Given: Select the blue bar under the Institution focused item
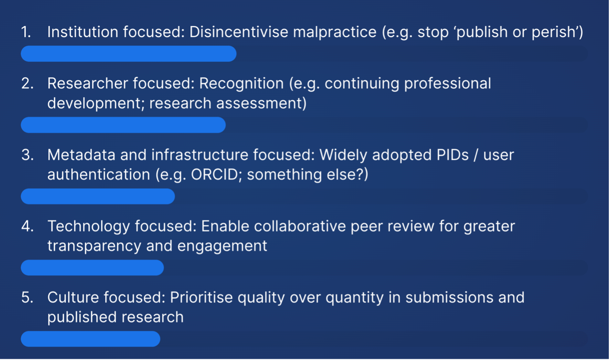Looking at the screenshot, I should [128, 53].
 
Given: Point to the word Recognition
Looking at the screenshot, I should [241, 83].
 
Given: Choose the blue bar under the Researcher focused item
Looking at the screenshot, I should [123, 125].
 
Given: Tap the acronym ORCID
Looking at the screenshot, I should [216, 175].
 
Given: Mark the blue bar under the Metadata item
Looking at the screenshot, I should [98, 196].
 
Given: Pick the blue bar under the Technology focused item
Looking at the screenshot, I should [92, 268].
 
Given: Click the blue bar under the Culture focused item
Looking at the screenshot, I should [91, 339].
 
